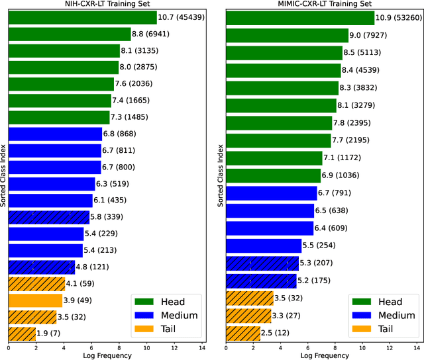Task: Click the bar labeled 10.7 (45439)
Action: click(x=83, y=18)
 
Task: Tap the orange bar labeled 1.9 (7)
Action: click(x=22, y=334)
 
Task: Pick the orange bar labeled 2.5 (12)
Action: click(x=243, y=333)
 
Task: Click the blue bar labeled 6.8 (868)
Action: click(x=55, y=134)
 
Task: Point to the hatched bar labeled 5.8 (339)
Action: click(x=49, y=217)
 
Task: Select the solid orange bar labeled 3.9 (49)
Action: click(x=36, y=300)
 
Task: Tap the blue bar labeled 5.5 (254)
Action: click(x=264, y=246)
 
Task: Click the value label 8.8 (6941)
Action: click(x=152, y=34)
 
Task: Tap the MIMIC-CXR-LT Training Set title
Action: click(x=325, y=5)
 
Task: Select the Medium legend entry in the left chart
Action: click(x=175, y=315)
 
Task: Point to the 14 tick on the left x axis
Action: click(x=203, y=347)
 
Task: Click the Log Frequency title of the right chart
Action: click(x=325, y=355)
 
